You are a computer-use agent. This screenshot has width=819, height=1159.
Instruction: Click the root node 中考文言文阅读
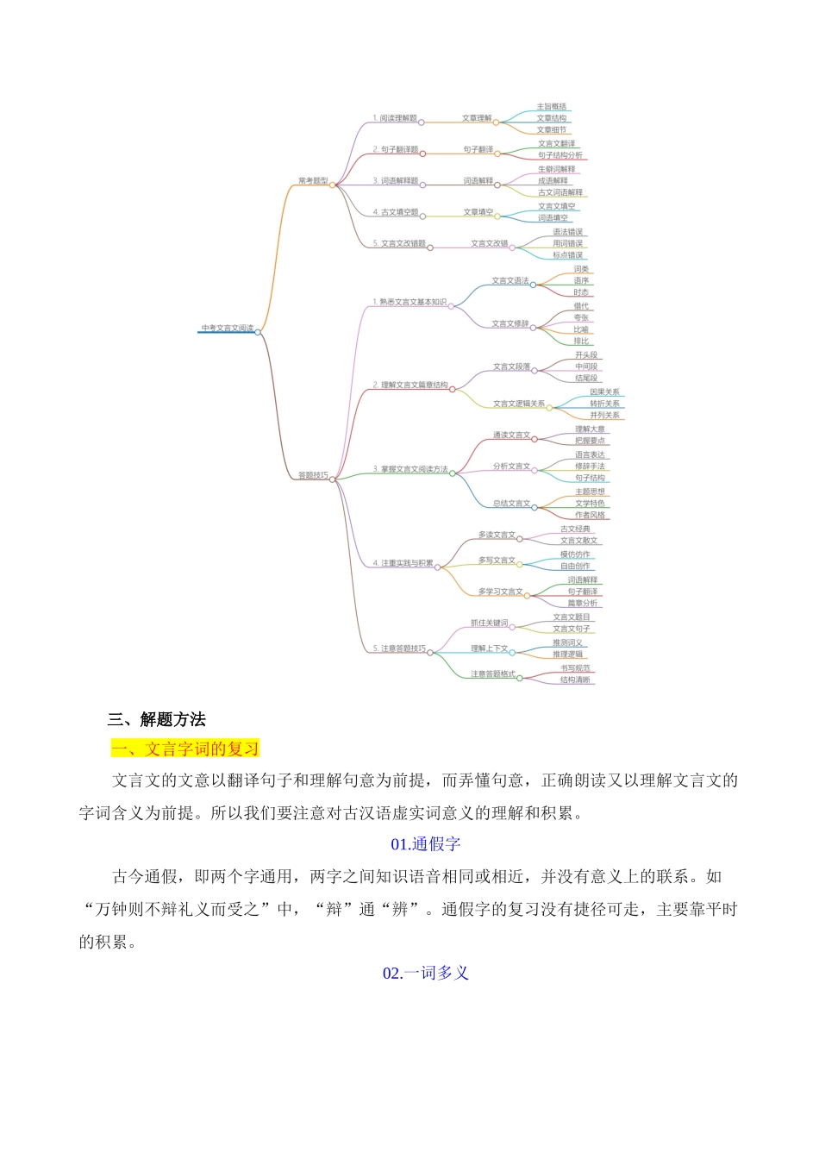tap(228, 328)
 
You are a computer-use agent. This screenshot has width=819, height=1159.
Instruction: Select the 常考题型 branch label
tap(313, 181)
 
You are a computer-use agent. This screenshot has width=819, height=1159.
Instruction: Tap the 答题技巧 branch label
tap(313, 475)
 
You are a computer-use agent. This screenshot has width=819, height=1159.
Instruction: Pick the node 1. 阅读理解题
tap(395, 118)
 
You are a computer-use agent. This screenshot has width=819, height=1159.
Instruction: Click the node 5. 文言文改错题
tap(400, 243)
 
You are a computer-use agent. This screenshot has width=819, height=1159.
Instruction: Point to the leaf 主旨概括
tap(552, 107)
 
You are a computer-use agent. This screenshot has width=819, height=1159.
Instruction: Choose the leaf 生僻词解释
tap(557, 169)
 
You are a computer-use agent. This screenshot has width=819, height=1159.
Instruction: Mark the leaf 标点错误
tap(568, 255)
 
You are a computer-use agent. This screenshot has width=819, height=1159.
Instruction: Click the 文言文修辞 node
tap(510, 323)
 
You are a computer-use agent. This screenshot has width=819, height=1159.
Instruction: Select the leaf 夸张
tap(582, 317)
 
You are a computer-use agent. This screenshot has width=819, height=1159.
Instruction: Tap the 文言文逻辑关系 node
tap(519, 404)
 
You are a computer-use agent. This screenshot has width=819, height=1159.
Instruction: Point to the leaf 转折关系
tap(604, 404)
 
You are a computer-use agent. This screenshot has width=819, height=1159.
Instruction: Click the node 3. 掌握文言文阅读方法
tap(410, 469)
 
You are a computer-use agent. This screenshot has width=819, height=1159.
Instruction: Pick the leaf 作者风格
tap(591, 515)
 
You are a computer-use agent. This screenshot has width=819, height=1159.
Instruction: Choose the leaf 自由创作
tap(575, 566)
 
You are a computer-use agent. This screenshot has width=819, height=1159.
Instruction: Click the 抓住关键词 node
tap(489, 623)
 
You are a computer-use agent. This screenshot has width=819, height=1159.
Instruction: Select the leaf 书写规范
tap(575, 668)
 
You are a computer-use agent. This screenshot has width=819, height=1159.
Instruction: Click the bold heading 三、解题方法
tap(157, 719)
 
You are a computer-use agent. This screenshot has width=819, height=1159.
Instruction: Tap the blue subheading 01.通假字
tap(426, 844)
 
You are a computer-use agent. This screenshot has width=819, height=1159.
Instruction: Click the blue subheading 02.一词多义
tap(426, 973)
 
